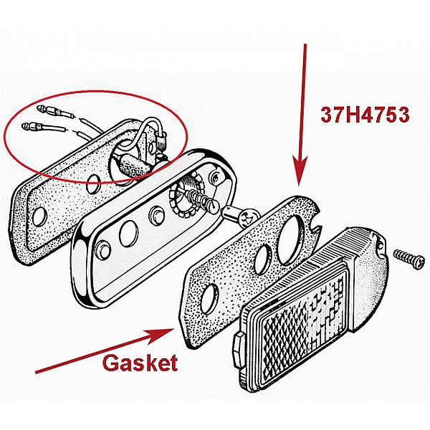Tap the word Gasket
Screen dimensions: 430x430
tap(140, 363)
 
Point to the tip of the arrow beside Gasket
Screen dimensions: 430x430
tap(173, 329)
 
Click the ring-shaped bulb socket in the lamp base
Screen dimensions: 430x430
tap(184, 199)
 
